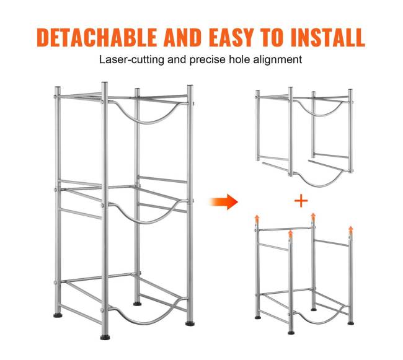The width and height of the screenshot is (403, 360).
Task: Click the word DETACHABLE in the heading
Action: coord(97,38)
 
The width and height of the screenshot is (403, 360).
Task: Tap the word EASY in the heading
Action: coord(232,38)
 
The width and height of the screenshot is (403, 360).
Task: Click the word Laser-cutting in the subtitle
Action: coord(131,60)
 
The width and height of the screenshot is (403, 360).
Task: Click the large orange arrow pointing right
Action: coord(224,201)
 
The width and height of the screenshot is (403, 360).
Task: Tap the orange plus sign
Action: coord(301,201)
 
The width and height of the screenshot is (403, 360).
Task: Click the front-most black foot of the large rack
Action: coord(105,337)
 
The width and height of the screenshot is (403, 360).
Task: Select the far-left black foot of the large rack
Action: coord(58,315)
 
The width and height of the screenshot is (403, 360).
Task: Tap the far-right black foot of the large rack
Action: coord(190,323)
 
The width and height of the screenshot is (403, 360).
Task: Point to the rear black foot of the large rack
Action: coord(138,304)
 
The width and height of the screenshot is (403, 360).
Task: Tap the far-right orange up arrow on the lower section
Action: coord(350,230)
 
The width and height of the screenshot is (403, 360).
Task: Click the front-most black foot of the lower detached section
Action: coord(291,333)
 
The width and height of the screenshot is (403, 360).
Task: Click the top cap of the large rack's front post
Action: coord(104,83)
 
